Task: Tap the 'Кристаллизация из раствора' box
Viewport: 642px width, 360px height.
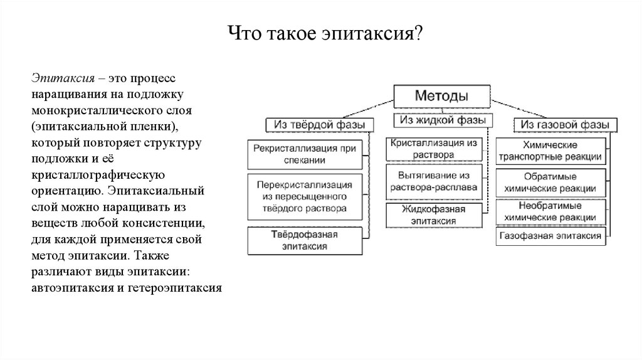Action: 434,149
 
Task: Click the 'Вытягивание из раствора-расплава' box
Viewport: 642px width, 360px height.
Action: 434,181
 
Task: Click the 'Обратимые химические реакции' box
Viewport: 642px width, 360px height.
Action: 551,183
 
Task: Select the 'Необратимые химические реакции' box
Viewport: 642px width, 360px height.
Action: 551,211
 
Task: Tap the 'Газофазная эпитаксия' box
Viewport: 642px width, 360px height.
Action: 551,236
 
